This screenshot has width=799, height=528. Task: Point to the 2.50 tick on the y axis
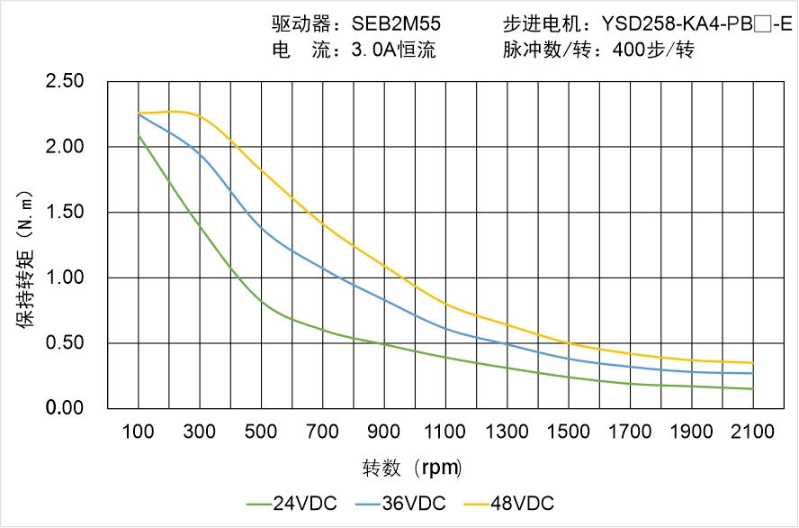click(x=65, y=82)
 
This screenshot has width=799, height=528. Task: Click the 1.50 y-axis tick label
click(x=65, y=213)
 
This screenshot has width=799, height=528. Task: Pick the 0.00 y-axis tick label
click(x=65, y=409)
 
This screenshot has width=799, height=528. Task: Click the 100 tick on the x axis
click(x=138, y=432)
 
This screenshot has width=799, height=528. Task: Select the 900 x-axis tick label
click(x=384, y=432)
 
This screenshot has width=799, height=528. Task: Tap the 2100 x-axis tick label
click(x=753, y=432)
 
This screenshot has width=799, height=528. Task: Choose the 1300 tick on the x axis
click(x=507, y=432)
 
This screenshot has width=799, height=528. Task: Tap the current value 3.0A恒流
click(x=392, y=50)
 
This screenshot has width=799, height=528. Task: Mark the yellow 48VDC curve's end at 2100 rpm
click(x=753, y=363)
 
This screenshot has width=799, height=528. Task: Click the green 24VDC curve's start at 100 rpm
click(x=139, y=135)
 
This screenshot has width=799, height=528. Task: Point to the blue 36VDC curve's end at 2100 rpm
click(x=753, y=373)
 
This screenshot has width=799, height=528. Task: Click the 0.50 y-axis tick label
click(x=65, y=343)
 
